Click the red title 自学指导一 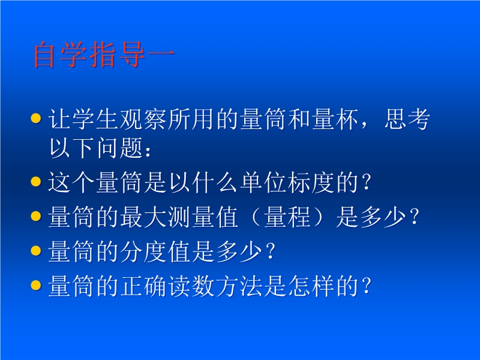(x=104, y=55)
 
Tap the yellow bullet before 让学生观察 (x=36, y=118)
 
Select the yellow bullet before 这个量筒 (x=36, y=181)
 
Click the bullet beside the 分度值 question (x=36, y=250)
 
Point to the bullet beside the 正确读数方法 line (x=36, y=285)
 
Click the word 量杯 (x=335, y=119)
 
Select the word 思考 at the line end (x=407, y=119)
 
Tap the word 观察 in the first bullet (x=143, y=119)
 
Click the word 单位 (x=263, y=182)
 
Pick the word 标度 (x=311, y=182)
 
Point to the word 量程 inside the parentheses (x=287, y=217)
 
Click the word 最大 (x=143, y=217)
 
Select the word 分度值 (x=155, y=251)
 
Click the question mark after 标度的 (x=367, y=182)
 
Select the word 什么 (x=215, y=182)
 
